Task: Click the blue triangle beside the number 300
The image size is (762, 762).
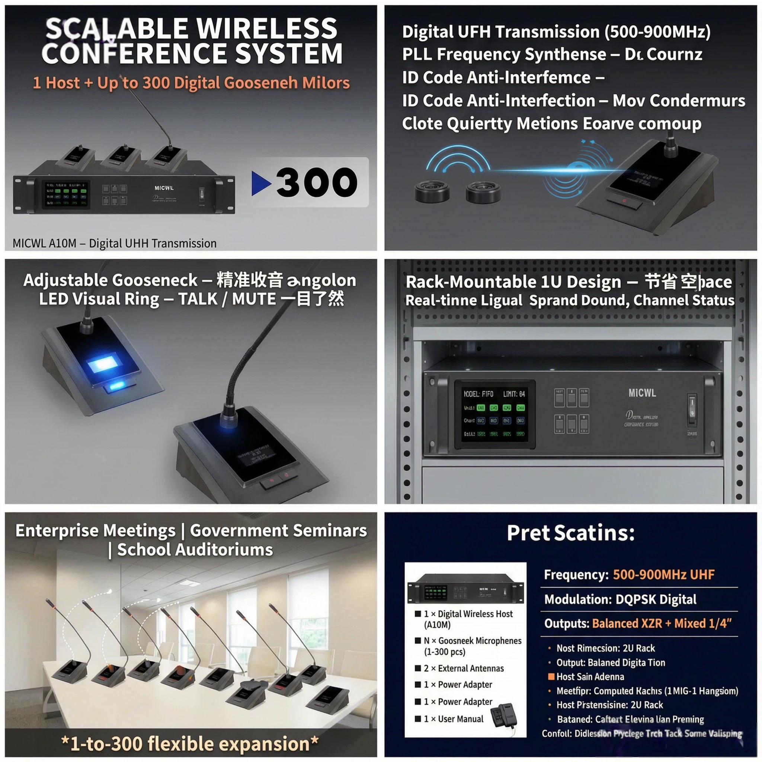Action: pos(261,183)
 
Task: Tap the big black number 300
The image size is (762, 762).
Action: pos(317,182)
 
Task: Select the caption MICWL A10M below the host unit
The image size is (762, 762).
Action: pos(44,243)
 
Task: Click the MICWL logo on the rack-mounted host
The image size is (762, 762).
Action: pos(642,393)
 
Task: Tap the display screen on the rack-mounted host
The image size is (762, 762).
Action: pos(494,414)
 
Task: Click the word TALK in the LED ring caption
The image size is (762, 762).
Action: pos(198,299)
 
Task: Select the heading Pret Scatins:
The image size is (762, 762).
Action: pos(571,533)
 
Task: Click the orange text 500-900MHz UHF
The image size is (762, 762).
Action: pos(663,574)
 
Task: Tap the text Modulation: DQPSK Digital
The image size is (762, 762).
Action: pos(620,599)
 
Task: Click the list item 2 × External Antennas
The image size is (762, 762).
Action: pos(464,668)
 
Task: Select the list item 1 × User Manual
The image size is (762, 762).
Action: pos(453,719)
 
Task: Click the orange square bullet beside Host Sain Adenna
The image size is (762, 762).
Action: pos(551,677)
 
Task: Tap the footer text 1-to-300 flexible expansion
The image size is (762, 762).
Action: pos(190,744)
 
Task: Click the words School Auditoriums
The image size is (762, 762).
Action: pos(195,550)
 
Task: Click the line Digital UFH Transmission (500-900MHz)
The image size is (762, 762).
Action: pos(556,32)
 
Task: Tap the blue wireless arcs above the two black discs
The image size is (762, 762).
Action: pos(458,160)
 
